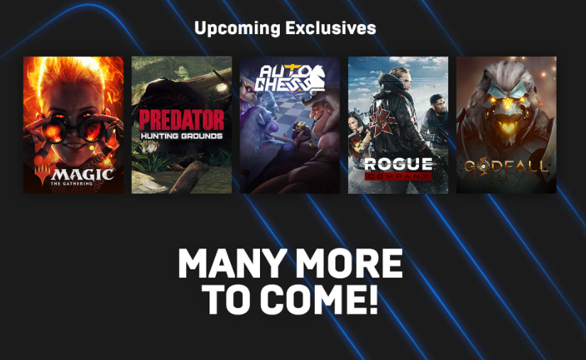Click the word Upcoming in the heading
(x=237, y=28)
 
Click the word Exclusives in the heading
(x=331, y=28)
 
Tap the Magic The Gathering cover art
(x=73, y=125)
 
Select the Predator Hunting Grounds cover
(x=182, y=125)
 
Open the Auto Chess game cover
(x=290, y=125)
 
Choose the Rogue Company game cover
(x=398, y=125)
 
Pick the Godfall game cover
(x=506, y=125)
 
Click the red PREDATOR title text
(x=182, y=120)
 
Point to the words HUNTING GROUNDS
(x=182, y=136)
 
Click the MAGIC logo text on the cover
(x=82, y=175)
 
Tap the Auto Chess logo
(x=290, y=78)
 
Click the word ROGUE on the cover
(x=398, y=164)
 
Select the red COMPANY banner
(x=398, y=176)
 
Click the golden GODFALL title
(x=506, y=168)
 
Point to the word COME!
(x=320, y=299)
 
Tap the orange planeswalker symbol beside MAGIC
(x=42, y=175)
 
